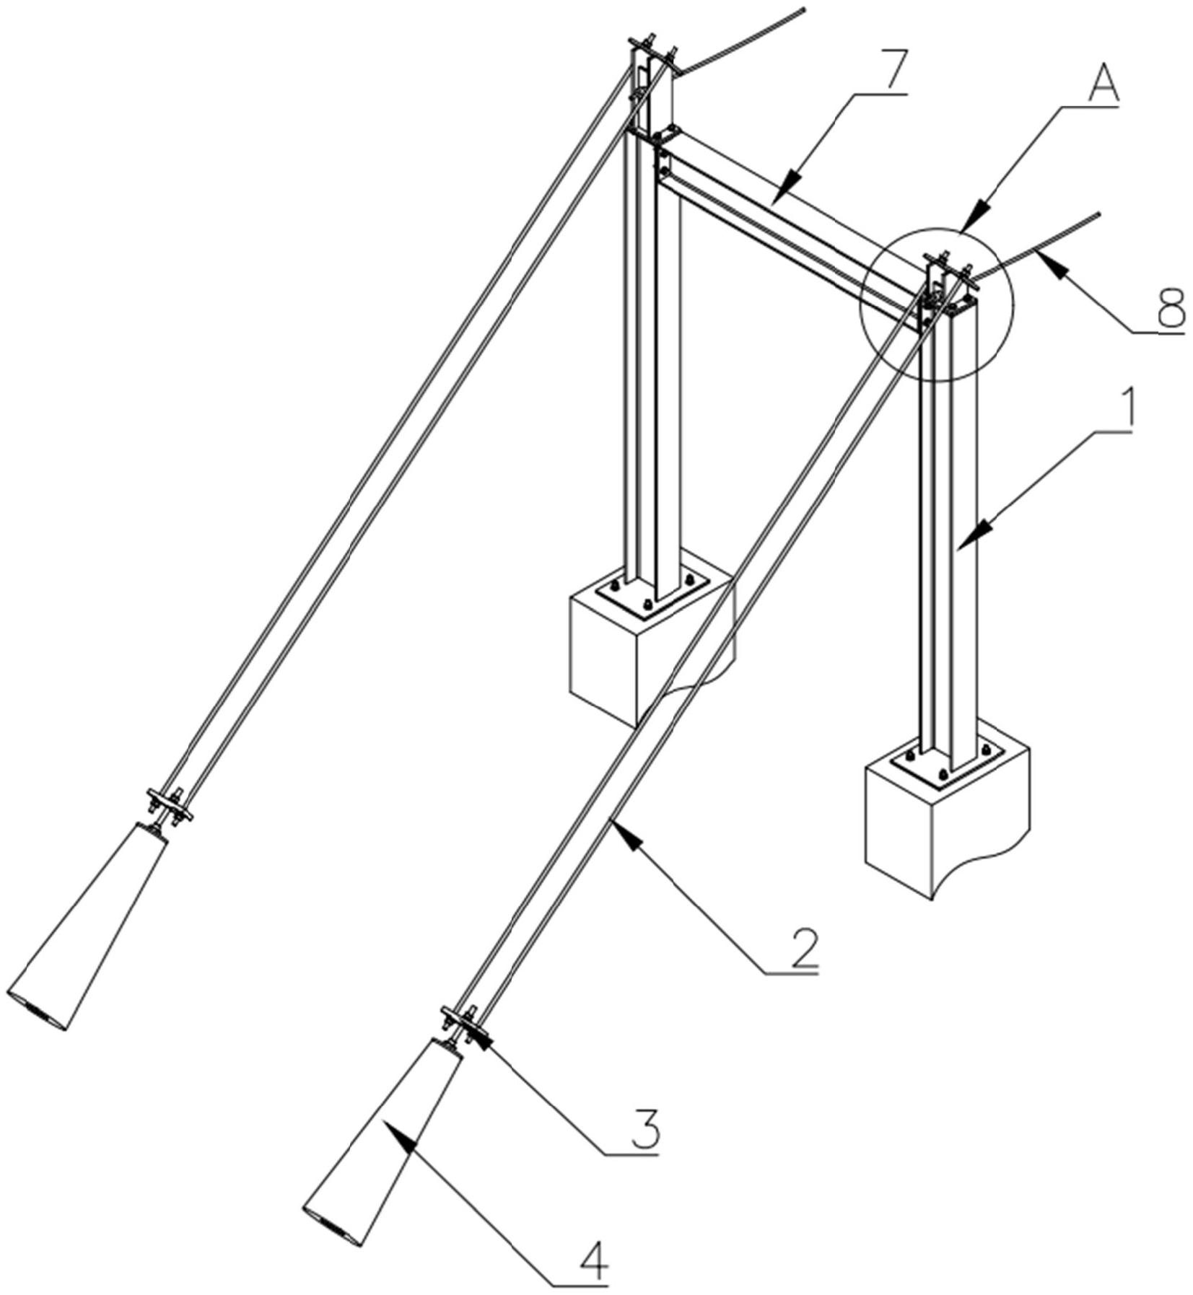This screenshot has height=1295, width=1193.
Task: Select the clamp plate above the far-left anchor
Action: [170, 804]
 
